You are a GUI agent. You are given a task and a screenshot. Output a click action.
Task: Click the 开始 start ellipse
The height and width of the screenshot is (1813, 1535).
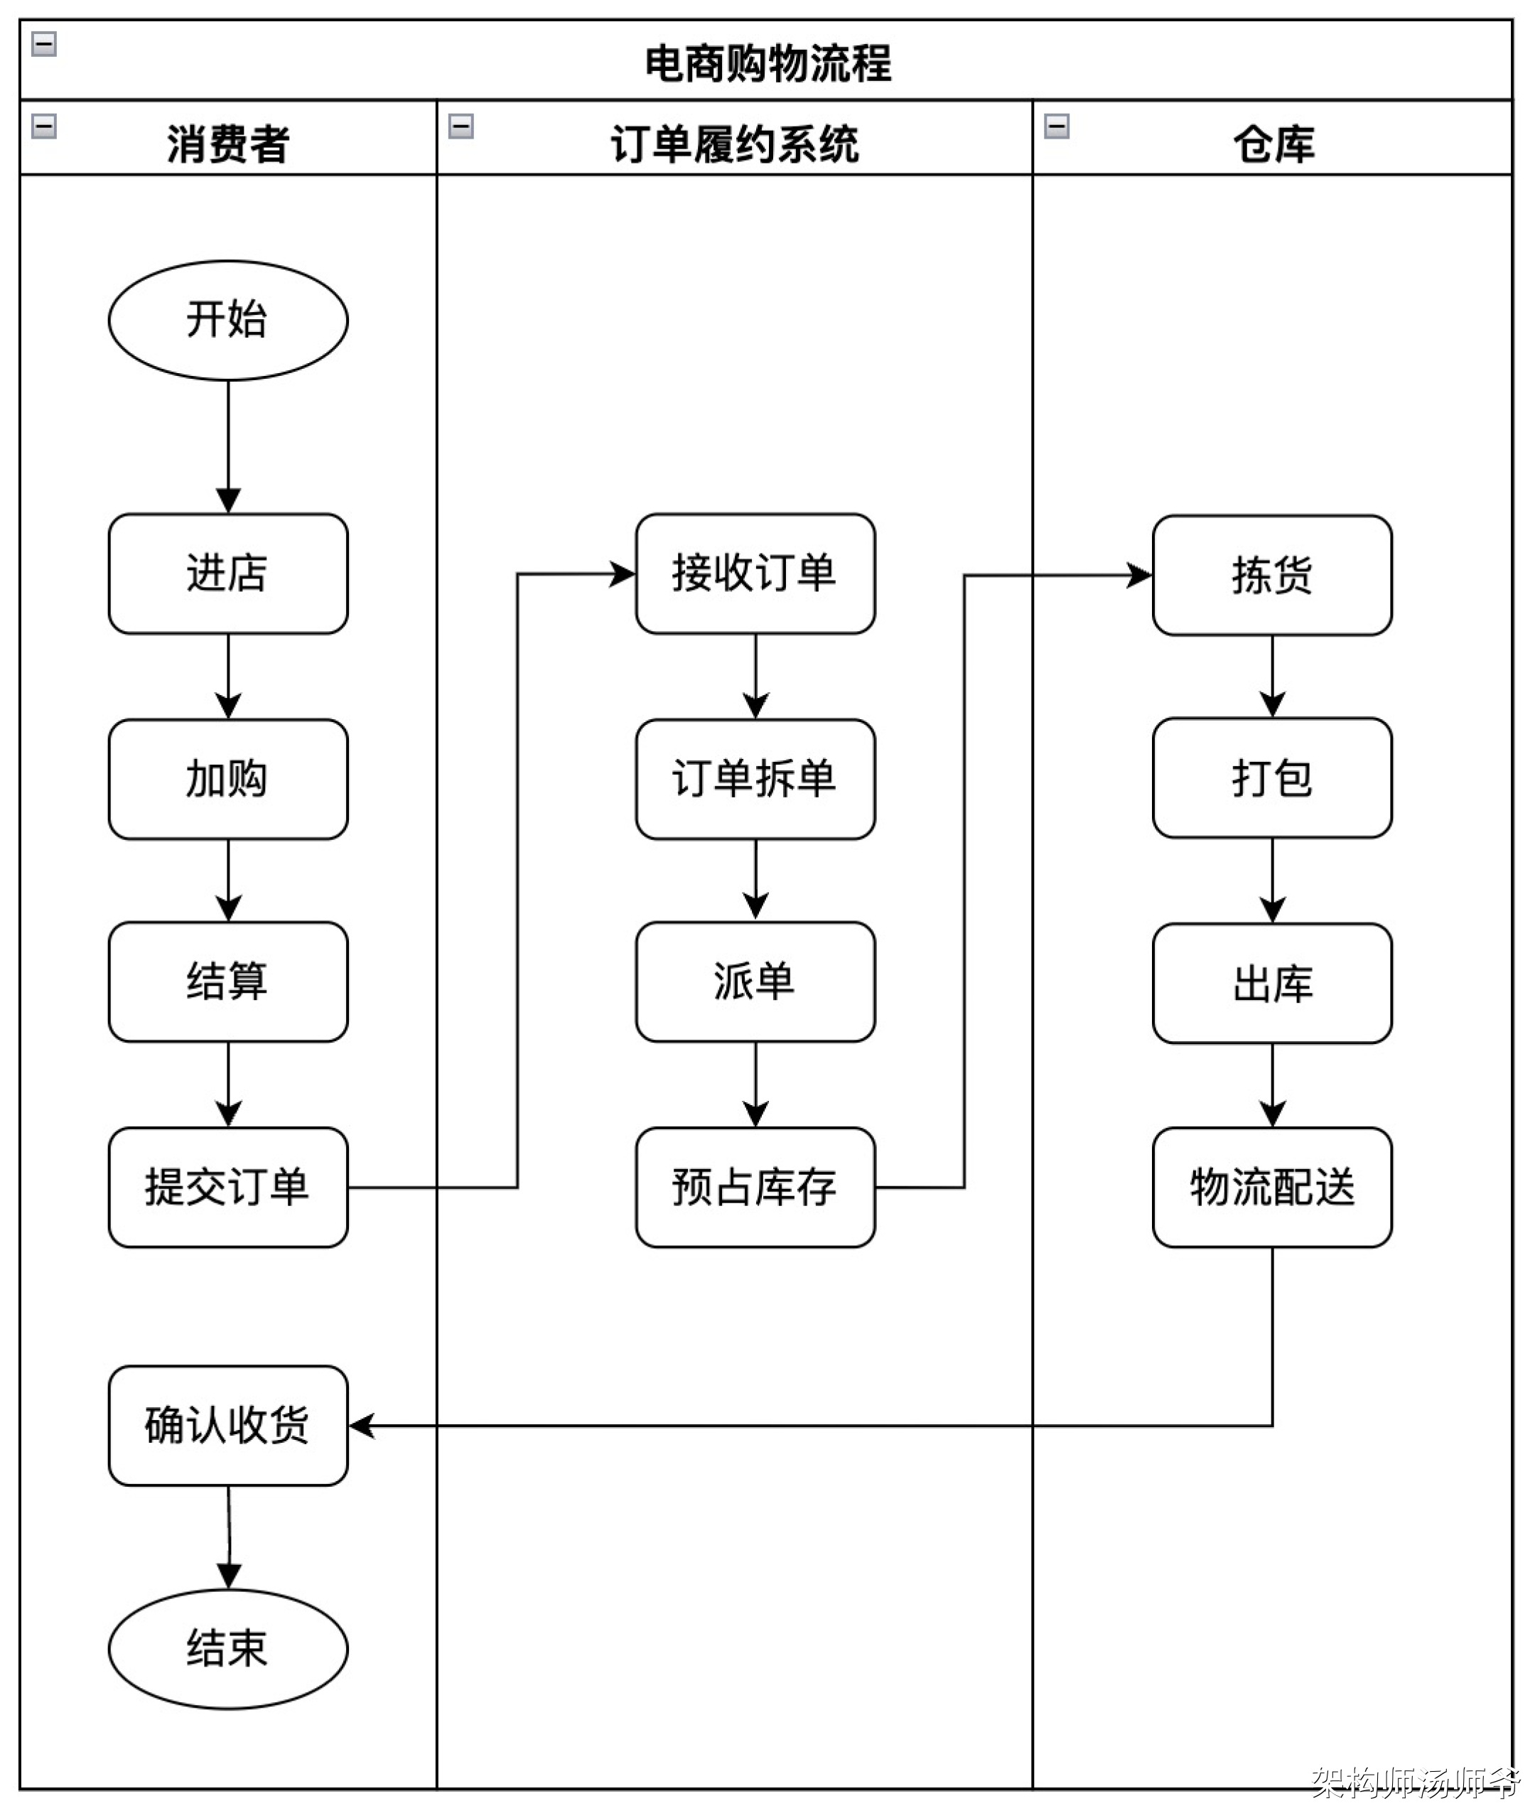tap(228, 321)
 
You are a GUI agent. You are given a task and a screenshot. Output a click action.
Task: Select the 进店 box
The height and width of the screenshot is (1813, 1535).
tap(228, 574)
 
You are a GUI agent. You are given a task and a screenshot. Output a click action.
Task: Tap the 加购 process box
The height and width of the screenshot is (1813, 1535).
tap(228, 779)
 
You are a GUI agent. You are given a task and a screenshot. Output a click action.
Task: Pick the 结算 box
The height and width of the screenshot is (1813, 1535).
tap(228, 981)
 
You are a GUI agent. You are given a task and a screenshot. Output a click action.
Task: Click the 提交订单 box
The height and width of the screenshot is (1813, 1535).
tap(228, 1187)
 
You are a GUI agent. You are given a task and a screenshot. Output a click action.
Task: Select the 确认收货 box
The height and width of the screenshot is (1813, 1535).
tap(228, 1426)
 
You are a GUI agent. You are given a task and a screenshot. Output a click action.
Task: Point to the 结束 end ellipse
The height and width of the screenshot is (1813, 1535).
tap(228, 1649)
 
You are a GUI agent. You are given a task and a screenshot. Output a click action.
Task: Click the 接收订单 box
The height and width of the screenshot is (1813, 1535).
tap(755, 574)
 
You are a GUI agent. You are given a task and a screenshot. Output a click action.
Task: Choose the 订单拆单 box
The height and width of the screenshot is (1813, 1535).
tap(755, 779)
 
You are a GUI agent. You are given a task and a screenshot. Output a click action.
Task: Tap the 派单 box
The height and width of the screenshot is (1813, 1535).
tap(755, 981)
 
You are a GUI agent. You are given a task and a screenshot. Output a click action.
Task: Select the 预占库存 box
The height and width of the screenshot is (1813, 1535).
tap(755, 1187)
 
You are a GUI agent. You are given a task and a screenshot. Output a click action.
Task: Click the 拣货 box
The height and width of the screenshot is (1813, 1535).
tap(1272, 576)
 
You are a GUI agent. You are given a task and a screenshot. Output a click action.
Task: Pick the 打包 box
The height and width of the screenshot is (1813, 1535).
tap(1272, 778)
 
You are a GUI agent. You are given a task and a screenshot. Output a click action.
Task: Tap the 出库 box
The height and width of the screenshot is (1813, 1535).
tap(1272, 984)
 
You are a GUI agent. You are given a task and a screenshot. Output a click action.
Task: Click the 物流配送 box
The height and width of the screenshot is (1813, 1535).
tap(1272, 1187)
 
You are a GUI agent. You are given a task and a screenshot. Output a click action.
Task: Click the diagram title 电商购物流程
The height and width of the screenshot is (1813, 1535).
tap(767, 63)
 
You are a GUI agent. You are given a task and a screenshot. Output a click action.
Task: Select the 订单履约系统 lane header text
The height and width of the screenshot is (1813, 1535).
tap(734, 144)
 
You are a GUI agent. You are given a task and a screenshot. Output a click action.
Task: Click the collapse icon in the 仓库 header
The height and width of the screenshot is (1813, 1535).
tap(1057, 127)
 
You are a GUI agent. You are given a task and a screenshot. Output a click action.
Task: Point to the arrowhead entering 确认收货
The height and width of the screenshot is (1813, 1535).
tap(360, 1426)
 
